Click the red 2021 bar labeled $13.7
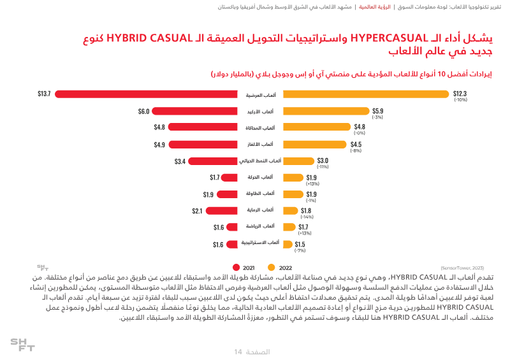(147, 94)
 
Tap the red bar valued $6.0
(195, 111)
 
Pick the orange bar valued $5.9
(326, 111)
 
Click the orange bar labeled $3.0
(298, 161)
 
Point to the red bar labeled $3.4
(213, 161)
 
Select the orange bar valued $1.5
(288, 243)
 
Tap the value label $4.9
(159, 144)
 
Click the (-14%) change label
(306, 217)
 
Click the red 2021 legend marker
(236, 268)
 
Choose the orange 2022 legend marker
(271, 268)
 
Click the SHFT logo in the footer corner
(22, 345)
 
